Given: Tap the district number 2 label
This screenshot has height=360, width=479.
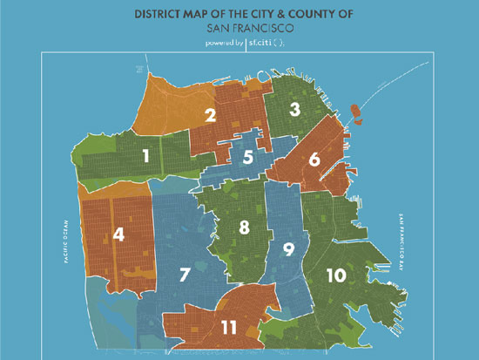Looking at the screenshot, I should [210, 114].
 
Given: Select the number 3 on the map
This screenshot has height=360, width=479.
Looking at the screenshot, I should [295, 109].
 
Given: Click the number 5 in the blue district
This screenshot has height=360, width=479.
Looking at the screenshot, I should [248, 157].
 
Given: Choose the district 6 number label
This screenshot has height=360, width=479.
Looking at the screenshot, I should [314, 160].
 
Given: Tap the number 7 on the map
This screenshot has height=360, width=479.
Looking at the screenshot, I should [185, 275].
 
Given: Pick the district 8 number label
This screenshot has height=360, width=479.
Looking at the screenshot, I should [245, 228].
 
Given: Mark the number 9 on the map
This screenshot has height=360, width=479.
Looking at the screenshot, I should [288, 248].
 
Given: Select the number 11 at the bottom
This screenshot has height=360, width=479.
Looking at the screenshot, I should [229, 328].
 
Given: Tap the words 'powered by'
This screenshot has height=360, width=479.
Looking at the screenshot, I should [225, 42].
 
